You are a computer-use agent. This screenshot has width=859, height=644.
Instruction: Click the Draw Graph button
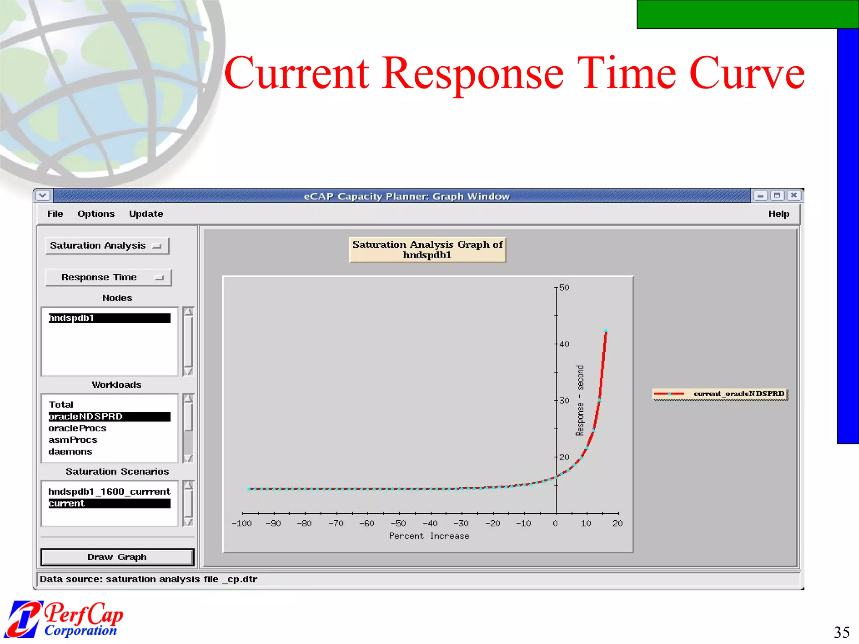pyautogui.click(x=117, y=557)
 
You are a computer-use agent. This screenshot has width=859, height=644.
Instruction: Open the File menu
pyautogui.click(x=55, y=214)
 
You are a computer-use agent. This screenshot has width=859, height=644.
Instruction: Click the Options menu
pyautogui.click(x=96, y=214)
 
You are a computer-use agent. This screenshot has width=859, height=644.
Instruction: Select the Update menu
pyautogui.click(x=146, y=214)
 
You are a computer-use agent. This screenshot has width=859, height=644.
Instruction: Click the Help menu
pyautogui.click(x=778, y=214)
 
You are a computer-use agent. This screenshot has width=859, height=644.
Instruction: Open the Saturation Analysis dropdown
pyautogui.click(x=107, y=246)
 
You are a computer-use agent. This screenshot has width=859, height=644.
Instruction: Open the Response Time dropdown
pyautogui.click(x=108, y=278)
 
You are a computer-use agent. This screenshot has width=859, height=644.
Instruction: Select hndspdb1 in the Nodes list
pyautogui.click(x=109, y=318)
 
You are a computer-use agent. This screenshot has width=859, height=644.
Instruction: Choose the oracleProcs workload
pyautogui.click(x=78, y=428)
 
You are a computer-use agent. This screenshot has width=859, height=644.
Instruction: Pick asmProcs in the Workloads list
pyautogui.click(x=73, y=440)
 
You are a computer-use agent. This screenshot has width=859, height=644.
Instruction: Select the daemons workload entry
pyautogui.click(x=70, y=452)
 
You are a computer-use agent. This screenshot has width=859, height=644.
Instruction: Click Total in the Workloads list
pyautogui.click(x=61, y=405)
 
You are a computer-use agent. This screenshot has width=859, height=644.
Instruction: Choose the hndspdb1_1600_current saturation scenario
pyautogui.click(x=109, y=491)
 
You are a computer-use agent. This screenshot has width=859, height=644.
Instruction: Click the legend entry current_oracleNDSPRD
pyautogui.click(x=720, y=394)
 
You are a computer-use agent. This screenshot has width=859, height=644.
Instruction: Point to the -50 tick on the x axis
pyautogui.click(x=398, y=523)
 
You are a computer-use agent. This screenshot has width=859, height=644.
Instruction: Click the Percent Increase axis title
pyautogui.click(x=429, y=536)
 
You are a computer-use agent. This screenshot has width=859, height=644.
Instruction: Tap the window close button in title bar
pyautogui.click(x=794, y=195)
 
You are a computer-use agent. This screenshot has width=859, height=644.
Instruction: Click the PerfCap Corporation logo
pyautogui.click(x=65, y=619)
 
